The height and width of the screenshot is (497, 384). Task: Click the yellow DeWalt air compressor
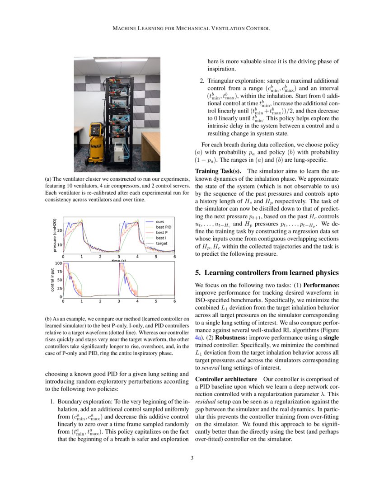[96, 144]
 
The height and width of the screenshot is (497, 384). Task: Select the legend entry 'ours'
[160, 222]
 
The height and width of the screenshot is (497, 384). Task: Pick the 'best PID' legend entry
[163, 227]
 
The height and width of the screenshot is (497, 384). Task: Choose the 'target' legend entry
[162, 243]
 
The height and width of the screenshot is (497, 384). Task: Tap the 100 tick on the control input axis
[58, 263]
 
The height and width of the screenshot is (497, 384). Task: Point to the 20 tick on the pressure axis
[59, 230]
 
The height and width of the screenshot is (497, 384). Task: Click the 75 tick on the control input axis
[59, 272]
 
